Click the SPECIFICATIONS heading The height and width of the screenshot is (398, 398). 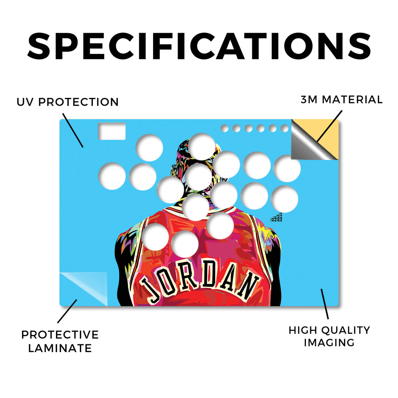point(199,46)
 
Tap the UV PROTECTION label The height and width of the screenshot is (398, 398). point(68,102)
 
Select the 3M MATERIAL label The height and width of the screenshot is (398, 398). point(341,99)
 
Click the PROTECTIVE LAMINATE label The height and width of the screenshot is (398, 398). point(60,341)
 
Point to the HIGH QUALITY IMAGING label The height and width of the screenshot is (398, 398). point(329,337)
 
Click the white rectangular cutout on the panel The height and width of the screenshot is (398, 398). point(112,131)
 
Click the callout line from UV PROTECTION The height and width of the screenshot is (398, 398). point(73,130)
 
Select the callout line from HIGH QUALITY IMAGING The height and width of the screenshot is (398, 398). point(325,304)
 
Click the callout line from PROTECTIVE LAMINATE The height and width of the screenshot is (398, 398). point(67,311)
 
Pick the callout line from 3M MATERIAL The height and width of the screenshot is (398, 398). point(329,126)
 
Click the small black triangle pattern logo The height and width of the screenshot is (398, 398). point(276,218)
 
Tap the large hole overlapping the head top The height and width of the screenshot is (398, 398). point(202,147)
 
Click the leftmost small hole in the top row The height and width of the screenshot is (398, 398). point(224,128)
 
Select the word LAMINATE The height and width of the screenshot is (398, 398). point(60,348)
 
